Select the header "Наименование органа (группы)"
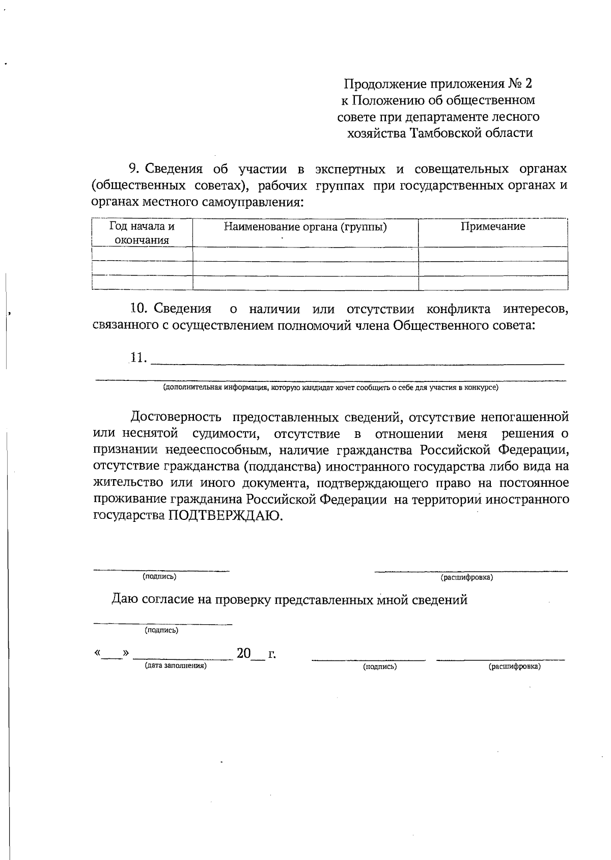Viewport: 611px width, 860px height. (305, 227)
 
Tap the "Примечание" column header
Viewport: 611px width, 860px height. (493, 227)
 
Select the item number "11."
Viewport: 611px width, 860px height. (138, 357)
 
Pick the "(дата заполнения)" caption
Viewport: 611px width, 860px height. (176, 665)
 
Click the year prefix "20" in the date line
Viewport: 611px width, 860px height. (244, 653)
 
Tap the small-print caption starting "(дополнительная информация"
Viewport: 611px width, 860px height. (330, 387)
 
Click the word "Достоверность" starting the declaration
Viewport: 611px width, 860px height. (176, 418)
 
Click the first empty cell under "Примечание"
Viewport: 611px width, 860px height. (493, 254)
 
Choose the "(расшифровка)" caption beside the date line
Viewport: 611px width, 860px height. (514, 666)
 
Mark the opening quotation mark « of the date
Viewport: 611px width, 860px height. (97, 653)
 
